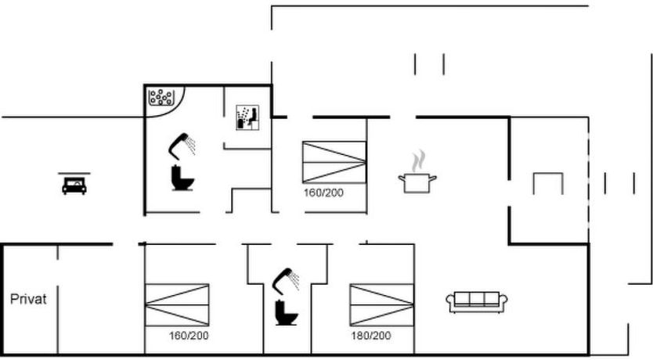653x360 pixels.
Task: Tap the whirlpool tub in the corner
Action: coord(163,99)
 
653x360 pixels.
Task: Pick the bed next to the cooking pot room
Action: coord(334,162)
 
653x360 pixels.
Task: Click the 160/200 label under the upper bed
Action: coord(324,192)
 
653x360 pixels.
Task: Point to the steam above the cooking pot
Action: coord(420,160)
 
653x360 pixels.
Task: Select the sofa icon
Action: coord(478,301)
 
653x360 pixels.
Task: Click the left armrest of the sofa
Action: coord(452,303)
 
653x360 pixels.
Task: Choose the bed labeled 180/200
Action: coord(381,304)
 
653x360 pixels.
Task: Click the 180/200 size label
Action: coord(370,336)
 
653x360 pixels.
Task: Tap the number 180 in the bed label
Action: coord(360,336)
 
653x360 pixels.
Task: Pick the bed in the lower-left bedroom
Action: coord(178,304)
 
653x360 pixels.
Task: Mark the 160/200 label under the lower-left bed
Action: coord(189,336)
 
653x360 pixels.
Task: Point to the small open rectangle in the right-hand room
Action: coord(548,183)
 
